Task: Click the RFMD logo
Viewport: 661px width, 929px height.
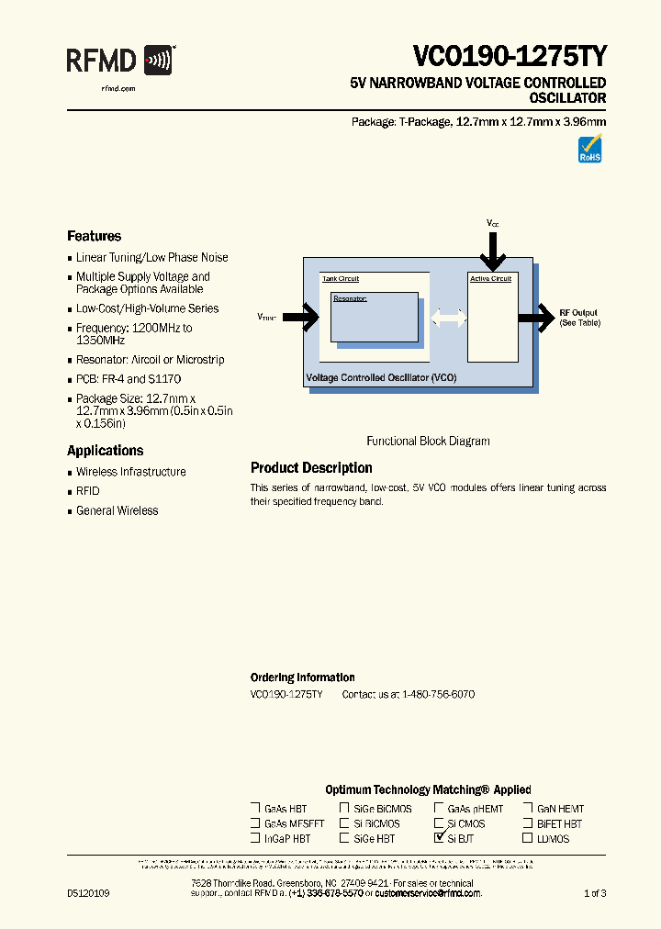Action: tap(120, 62)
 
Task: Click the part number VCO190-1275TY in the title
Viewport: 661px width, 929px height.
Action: tap(509, 57)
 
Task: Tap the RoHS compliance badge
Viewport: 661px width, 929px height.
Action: tap(589, 150)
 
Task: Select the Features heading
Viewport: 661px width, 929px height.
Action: tap(94, 236)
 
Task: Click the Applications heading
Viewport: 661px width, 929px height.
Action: tap(105, 451)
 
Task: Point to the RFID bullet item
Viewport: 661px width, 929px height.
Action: tap(87, 491)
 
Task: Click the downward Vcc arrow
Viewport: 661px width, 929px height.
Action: tap(493, 249)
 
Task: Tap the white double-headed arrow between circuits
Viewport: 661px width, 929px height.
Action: tap(448, 318)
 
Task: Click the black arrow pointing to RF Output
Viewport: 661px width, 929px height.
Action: tap(536, 318)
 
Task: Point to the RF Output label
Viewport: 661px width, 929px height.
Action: tap(578, 313)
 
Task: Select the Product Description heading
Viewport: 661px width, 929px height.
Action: tap(311, 468)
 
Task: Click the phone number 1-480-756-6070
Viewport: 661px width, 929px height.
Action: tap(438, 695)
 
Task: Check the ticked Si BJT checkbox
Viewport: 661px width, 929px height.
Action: tap(439, 838)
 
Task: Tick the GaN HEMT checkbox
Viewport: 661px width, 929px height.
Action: tap(528, 809)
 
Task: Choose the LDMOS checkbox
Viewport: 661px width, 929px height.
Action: tap(528, 838)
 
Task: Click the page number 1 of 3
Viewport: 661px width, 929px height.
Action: tap(595, 893)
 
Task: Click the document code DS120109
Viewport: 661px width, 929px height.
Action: tap(88, 893)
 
